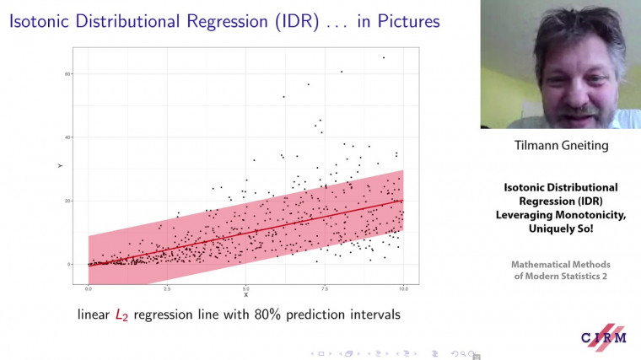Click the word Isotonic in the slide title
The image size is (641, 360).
[x=43, y=21]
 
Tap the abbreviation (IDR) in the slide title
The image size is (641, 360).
[x=284, y=21]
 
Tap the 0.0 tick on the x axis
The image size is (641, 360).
[x=89, y=288]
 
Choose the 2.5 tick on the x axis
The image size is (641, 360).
[x=167, y=288]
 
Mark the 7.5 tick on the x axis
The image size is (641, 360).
[x=325, y=288]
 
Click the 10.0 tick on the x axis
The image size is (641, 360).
[x=403, y=288]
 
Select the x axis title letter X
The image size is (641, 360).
[x=245, y=295]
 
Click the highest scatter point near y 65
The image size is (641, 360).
[x=384, y=58]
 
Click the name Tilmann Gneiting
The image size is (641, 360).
[x=561, y=146]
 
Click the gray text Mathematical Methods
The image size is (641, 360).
[x=561, y=264]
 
